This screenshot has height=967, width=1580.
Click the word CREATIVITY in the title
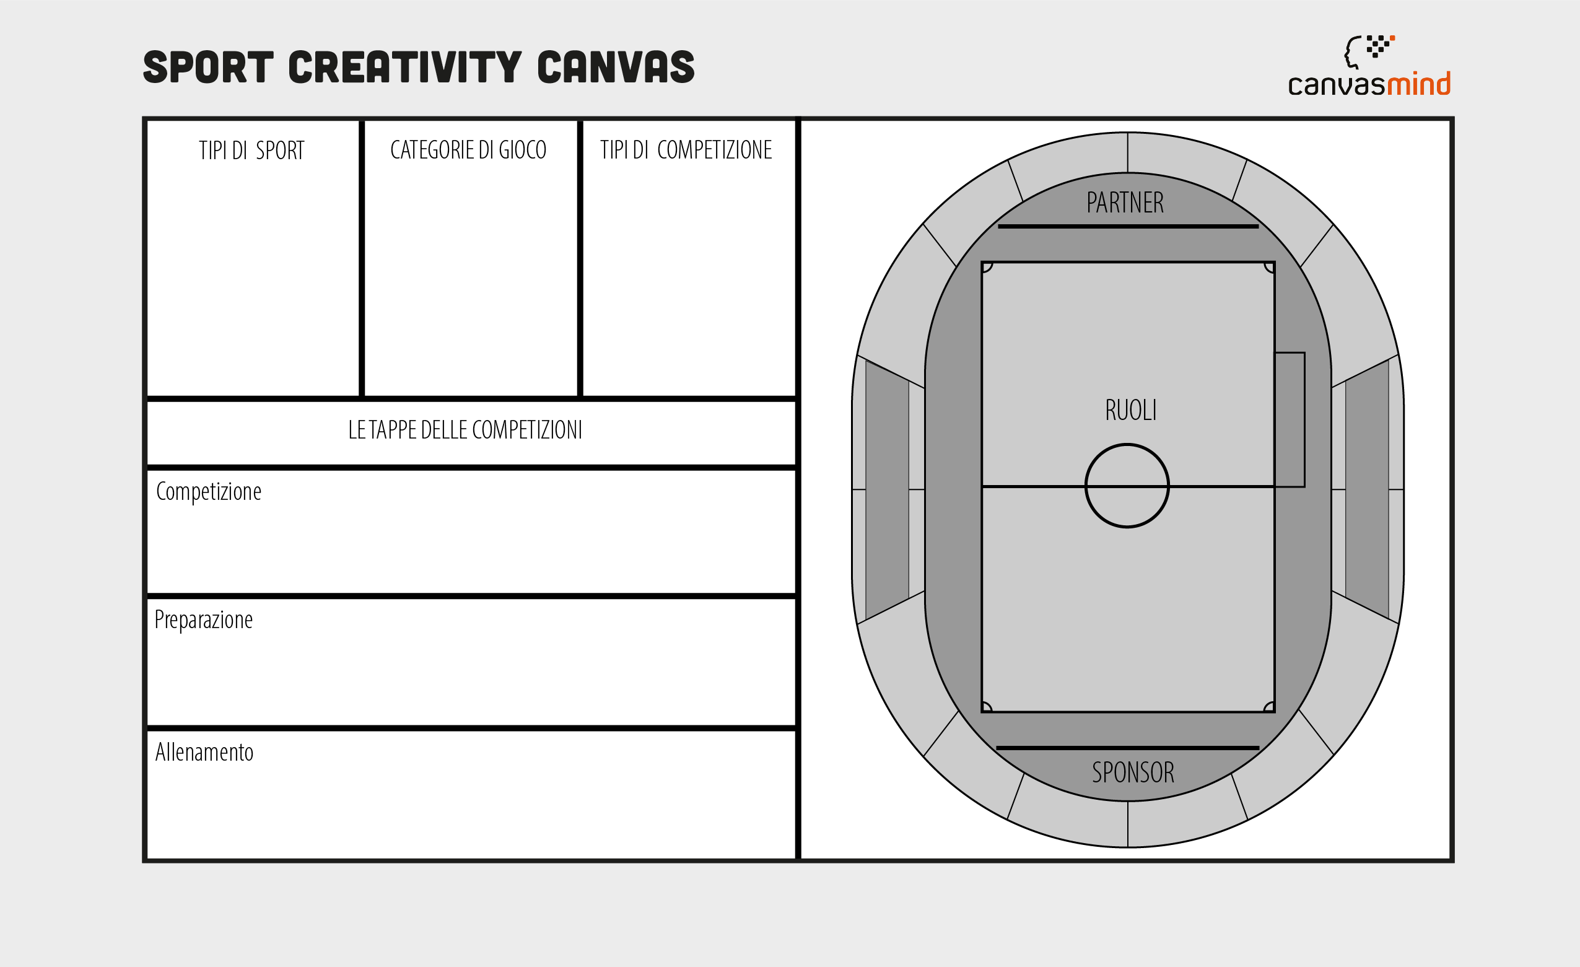coord(405,68)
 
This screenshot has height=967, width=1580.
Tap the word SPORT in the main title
coord(208,68)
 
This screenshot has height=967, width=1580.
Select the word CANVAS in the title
coord(616,68)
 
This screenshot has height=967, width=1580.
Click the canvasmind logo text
coord(1369,84)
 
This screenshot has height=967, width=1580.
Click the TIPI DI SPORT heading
coord(251,151)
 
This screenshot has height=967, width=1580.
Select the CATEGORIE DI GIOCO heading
coord(468,150)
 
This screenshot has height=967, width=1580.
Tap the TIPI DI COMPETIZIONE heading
coord(686,150)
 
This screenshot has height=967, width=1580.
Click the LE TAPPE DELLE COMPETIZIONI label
coord(465,430)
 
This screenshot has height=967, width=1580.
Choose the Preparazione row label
coord(203,620)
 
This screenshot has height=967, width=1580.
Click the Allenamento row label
coord(204,752)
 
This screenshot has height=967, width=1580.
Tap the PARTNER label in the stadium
coord(1125,203)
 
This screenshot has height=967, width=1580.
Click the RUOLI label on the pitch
coord(1130,410)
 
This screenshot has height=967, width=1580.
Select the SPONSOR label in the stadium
coord(1133,772)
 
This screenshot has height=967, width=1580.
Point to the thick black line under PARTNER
coord(1128,226)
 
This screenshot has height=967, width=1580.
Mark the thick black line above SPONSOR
coord(1127,748)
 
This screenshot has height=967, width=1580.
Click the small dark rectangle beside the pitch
coord(1290,419)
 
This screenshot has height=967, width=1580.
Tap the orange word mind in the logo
coord(1418,84)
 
